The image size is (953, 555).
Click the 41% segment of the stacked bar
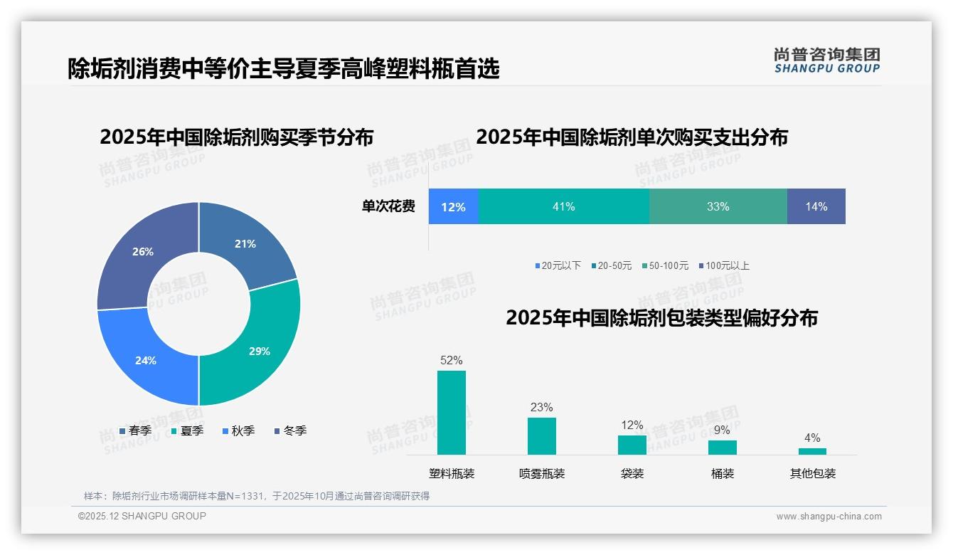pos(563,206)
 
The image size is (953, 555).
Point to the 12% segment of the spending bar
pos(453,206)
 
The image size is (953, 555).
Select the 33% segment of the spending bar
pos(718,206)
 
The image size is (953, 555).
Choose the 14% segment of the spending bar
pos(816,206)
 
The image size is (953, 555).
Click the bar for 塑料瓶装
pos(452,413)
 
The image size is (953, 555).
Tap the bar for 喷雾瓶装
pos(542,435)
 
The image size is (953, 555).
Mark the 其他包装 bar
pos(812,451)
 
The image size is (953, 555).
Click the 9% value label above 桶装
pos(722,430)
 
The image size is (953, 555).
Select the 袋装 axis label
pos(632,473)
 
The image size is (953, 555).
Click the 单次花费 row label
pos(388,206)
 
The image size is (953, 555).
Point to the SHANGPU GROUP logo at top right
pos(826,60)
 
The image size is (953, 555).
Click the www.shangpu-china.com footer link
pos(829,517)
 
